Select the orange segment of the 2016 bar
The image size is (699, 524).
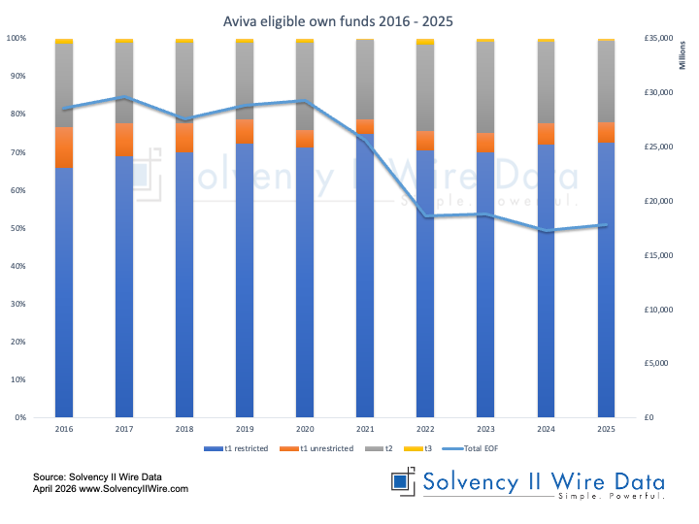coord(64,147)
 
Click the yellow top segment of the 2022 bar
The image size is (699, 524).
coord(425,41)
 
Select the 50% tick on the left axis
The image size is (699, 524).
coord(18,228)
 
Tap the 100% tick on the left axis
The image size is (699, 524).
coord(17,38)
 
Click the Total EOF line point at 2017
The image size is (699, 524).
coord(124,97)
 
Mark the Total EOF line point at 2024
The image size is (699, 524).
coord(546,231)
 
